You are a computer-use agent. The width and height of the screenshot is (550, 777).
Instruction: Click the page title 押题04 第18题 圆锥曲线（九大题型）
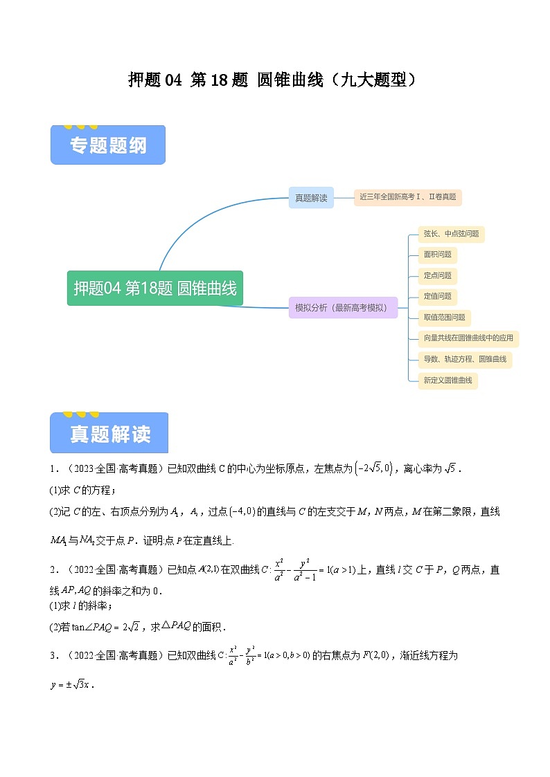click(x=274, y=80)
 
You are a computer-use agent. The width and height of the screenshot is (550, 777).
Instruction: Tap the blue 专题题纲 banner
click(x=108, y=145)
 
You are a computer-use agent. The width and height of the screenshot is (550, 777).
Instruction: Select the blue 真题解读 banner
click(x=109, y=434)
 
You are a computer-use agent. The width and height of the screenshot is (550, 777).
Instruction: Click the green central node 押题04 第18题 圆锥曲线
click(x=155, y=288)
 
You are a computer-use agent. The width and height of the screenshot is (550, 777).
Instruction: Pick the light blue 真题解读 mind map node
click(x=311, y=198)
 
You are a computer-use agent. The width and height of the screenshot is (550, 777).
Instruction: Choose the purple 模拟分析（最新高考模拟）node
click(x=343, y=308)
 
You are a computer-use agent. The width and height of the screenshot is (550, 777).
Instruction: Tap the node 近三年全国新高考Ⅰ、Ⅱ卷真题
click(x=407, y=197)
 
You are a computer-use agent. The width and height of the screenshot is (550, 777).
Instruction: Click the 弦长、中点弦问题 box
click(x=451, y=234)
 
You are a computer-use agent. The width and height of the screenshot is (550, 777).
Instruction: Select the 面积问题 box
click(x=438, y=255)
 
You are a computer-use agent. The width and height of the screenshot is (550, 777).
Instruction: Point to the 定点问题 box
click(x=438, y=275)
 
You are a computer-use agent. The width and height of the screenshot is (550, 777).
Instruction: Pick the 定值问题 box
click(x=438, y=296)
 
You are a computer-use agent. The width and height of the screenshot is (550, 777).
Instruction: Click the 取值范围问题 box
click(x=444, y=318)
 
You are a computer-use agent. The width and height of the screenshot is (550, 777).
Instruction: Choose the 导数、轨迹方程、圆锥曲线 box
click(x=465, y=359)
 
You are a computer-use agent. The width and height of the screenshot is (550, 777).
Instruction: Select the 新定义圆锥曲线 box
click(x=447, y=380)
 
